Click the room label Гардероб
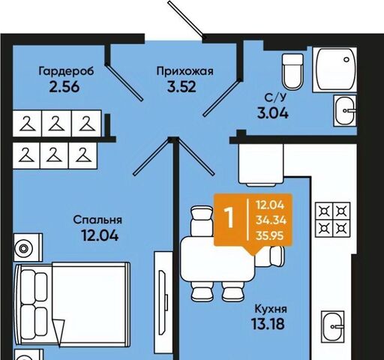click(66, 71)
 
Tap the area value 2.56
click(64, 87)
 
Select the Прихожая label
click(185, 71)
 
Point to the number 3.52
click(181, 87)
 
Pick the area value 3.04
click(273, 113)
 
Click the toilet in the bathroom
click(292, 71)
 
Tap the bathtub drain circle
click(346, 59)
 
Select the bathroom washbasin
click(345, 110)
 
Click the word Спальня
click(97, 220)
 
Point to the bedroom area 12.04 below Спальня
click(100, 235)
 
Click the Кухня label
click(271, 309)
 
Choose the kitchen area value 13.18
click(268, 324)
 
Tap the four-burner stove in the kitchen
click(332, 220)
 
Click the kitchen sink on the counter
click(332, 327)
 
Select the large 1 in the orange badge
click(229, 217)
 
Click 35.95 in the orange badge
click(269, 235)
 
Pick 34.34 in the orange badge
click(271, 220)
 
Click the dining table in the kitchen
click(217, 259)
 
